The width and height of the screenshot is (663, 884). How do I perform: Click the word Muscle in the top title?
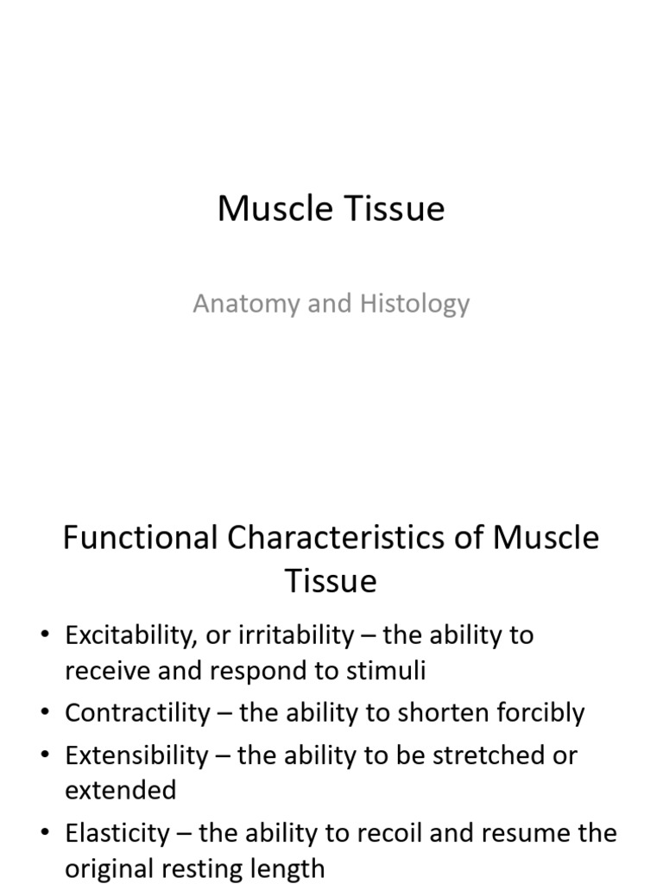(268, 209)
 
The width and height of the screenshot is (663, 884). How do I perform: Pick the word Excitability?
(133, 635)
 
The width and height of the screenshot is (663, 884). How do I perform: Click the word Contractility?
(137, 713)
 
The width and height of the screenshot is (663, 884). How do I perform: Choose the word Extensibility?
(136, 755)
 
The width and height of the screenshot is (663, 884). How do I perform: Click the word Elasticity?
(117, 833)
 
